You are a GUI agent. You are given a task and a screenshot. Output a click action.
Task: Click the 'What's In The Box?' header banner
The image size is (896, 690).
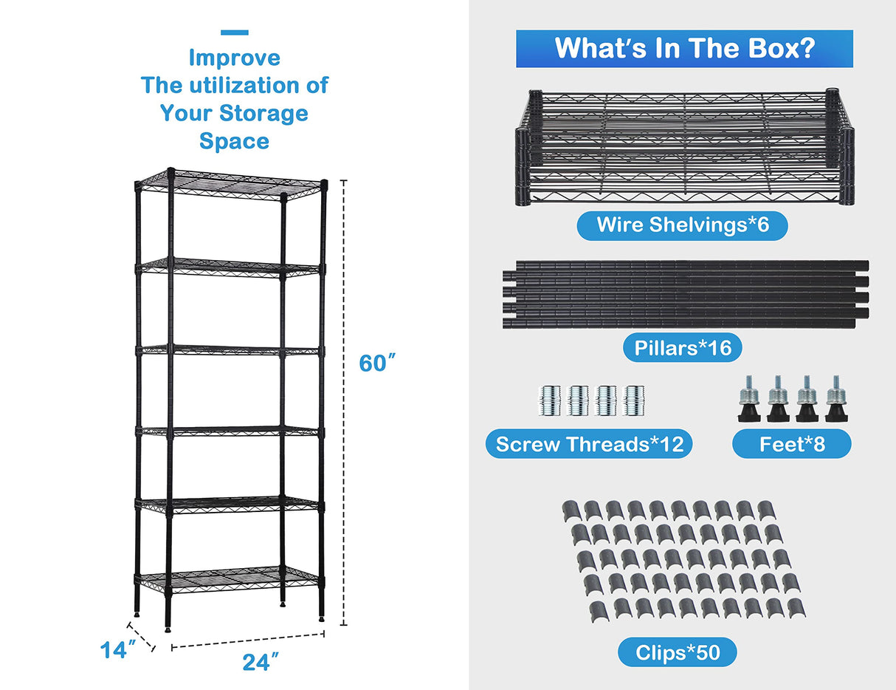pyautogui.click(x=684, y=49)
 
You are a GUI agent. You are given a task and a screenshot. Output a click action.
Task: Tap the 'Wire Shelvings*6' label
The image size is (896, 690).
pyautogui.click(x=682, y=225)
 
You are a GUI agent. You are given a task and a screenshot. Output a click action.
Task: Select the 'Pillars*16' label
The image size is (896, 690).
pyautogui.click(x=682, y=347)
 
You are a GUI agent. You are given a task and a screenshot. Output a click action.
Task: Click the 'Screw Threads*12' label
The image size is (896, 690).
pyautogui.click(x=589, y=444)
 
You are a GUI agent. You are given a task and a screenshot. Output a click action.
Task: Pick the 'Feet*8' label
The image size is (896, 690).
pyautogui.click(x=791, y=444)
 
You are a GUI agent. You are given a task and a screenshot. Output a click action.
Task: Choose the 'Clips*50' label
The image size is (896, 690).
pyautogui.click(x=677, y=652)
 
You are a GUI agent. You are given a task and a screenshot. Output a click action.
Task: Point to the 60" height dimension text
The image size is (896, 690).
pyautogui.click(x=377, y=363)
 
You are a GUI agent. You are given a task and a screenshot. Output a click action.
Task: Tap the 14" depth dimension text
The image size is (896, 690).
pyautogui.click(x=118, y=649)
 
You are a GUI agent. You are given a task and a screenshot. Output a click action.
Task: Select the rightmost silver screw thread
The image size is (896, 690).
pyautogui.click(x=634, y=400)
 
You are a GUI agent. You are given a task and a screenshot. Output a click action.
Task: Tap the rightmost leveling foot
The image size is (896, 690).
pyautogui.click(x=835, y=400)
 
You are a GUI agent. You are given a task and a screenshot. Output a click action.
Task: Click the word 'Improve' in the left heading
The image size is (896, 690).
pyautogui.click(x=234, y=58)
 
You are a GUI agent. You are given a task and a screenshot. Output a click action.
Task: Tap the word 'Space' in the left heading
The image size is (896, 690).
pyautogui.click(x=234, y=141)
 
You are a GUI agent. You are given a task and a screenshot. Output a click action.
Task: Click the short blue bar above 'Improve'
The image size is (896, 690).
pyautogui.click(x=234, y=33)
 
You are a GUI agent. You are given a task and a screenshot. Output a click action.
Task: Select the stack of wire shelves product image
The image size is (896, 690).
pyautogui.click(x=684, y=148)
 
